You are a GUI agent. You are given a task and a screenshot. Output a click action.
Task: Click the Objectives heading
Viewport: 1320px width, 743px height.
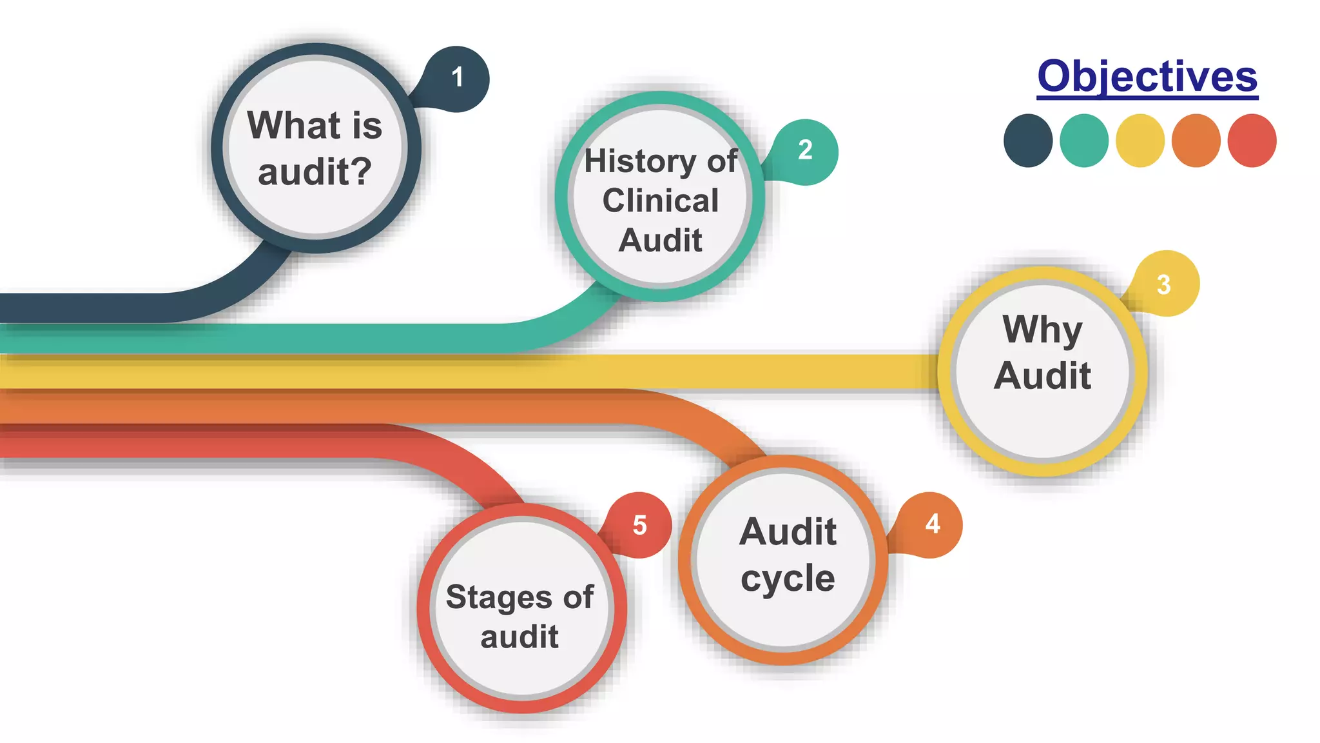click(1147, 77)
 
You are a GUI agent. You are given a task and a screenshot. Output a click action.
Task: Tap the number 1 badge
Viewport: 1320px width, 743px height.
click(457, 78)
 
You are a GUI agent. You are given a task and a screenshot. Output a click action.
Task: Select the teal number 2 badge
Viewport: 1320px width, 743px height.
click(805, 151)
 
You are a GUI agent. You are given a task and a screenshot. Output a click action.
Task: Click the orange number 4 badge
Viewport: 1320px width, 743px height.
click(932, 524)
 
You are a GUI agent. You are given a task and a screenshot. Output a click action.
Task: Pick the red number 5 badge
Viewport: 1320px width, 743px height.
click(639, 525)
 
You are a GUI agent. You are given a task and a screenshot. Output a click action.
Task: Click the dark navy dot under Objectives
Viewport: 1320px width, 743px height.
click(1028, 141)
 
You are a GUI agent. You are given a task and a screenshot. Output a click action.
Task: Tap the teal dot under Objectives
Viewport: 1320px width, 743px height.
click(1084, 141)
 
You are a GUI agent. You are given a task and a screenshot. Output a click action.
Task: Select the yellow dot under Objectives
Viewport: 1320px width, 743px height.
click(1140, 141)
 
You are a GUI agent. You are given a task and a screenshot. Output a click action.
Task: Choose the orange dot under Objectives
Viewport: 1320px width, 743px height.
click(1196, 141)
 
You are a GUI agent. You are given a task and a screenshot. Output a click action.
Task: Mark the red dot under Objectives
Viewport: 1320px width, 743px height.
click(1252, 141)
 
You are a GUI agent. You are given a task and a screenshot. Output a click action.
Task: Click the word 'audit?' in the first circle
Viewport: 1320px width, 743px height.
click(315, 172)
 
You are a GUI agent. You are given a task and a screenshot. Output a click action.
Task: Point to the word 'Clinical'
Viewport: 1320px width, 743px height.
click(661, 201)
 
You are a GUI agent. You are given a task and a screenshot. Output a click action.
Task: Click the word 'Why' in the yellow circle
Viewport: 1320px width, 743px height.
click(1042, 330)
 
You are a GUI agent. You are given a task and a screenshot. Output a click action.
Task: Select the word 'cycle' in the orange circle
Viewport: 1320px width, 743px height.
click(788, 579)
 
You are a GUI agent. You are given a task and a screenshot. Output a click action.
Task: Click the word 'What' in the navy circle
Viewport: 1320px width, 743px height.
click(286, 125)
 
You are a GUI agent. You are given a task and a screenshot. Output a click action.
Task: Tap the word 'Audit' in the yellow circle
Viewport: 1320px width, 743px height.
click(1042, 375)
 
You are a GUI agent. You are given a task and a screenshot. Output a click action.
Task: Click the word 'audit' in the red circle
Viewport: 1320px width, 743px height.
click(519, 637)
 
